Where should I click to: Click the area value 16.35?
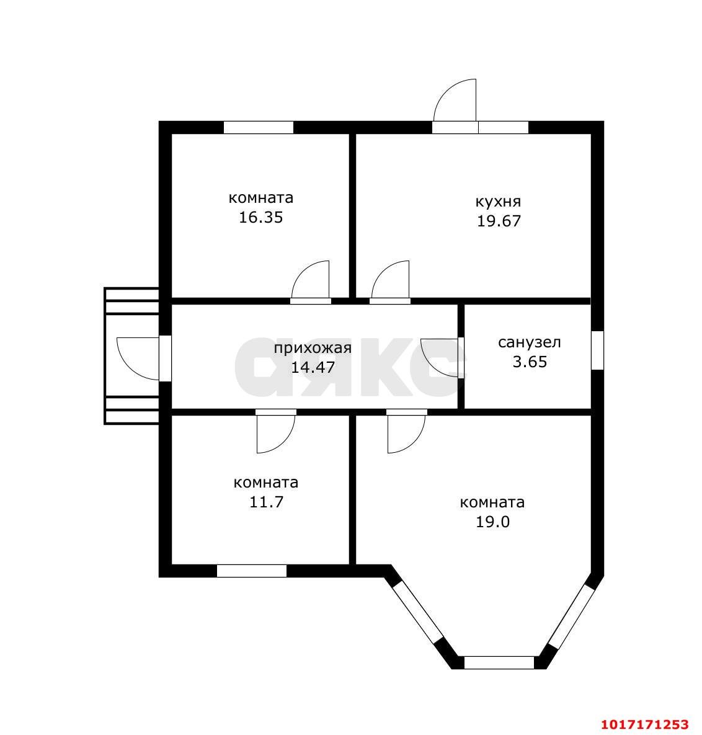tap(261, 218)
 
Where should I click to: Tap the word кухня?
tap(498, 202)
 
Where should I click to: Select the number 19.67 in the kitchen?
tap(499, 221)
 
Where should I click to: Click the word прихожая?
tap(313, 349)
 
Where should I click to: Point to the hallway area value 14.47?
tap(313, 367)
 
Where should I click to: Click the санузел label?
tap(530, 342)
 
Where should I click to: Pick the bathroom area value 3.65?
tap(530, 362)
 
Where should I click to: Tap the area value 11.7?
tap(266, 502)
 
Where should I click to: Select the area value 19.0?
tap(492, 522)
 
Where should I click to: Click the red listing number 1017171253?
tap(645, 724)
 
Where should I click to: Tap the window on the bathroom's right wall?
tap(597, 350)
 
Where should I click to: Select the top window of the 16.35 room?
tap(258, 128)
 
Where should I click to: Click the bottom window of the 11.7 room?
tap(252, 571)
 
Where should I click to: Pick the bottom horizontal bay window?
tap(499, 662)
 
